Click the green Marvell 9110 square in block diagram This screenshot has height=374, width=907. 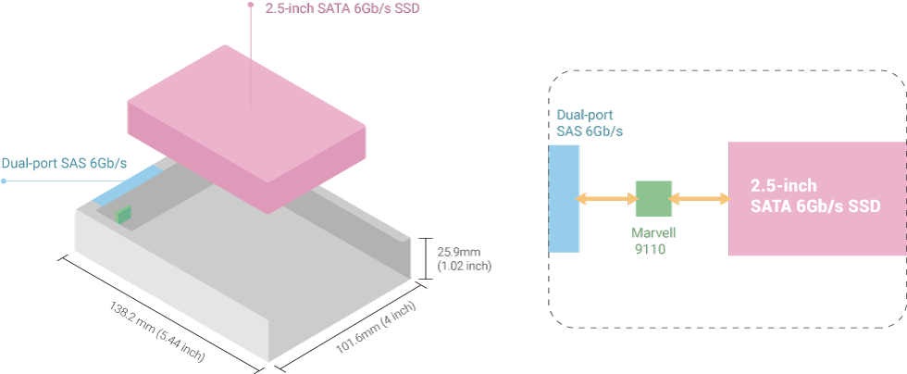(x=652, y=198)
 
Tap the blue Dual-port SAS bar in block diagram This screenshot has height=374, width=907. (x=564, y=198)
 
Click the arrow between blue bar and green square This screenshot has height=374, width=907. (x=607, y=198)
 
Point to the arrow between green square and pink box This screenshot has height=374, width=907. (x=699, y=198)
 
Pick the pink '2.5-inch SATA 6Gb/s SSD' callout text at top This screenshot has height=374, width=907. (x=338, y=10)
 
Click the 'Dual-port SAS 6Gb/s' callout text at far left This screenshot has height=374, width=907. (x=64, y=165)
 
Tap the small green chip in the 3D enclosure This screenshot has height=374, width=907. (x=124, y=215)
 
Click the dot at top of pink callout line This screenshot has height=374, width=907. (x=250, y=5)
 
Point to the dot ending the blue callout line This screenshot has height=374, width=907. (x=4, y=181)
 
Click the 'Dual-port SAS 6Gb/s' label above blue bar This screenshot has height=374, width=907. (x=590, y=124)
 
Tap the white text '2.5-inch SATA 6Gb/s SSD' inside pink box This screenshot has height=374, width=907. (x=814, y=194)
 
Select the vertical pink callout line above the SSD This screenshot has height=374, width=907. (x=250, y=56)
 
